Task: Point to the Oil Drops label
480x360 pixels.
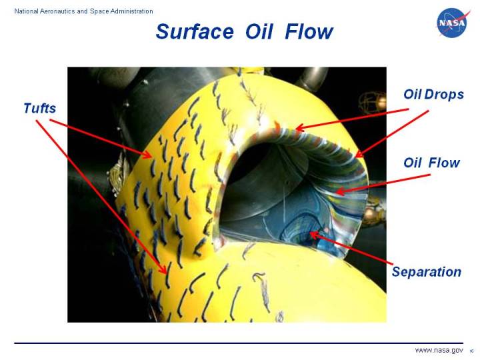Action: [x=433, y=95]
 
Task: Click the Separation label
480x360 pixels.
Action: [x=427, y=271]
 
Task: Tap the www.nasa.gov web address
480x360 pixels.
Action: [x=439, y=350]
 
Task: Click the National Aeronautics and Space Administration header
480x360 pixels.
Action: [x=79, y=11]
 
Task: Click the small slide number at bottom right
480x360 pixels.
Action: [x=471, y=351]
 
